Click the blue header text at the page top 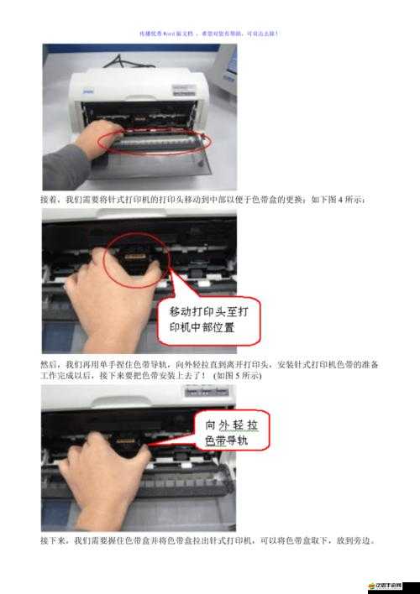(209, 34)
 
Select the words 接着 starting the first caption (49, 200)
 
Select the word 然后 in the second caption (49, 365)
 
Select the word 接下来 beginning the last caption (54, 541)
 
